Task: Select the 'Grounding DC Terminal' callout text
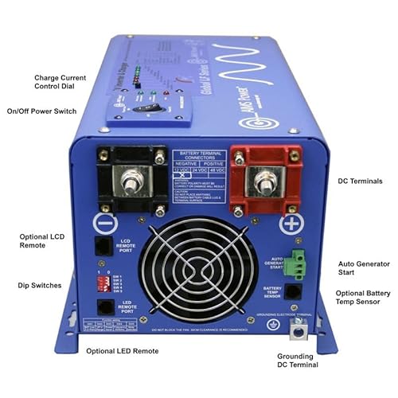[296, 360]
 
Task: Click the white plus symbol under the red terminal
[292, 223]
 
